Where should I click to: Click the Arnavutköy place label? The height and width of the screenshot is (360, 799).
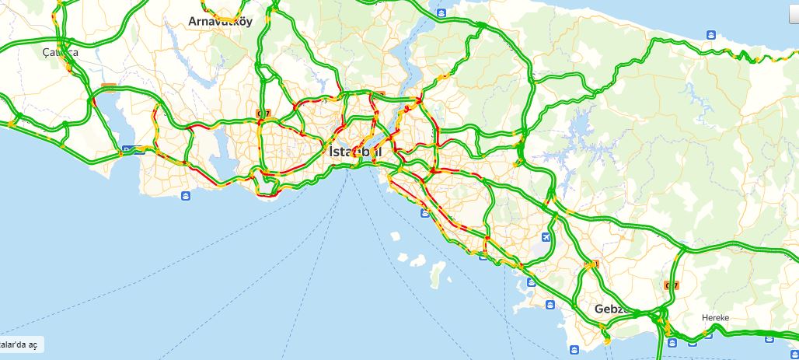point(221,22)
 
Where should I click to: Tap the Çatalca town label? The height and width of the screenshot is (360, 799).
point(61,53)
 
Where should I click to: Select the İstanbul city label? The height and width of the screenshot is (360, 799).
point(355,151)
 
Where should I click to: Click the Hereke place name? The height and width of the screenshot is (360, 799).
point(715,318)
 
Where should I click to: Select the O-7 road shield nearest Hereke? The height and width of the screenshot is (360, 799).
point(672,285)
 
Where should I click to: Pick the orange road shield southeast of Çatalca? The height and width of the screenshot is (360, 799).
point(109,88)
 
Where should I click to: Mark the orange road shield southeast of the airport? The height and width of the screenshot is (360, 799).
point(595,264)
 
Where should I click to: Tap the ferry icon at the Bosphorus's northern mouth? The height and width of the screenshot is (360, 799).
point(441,13)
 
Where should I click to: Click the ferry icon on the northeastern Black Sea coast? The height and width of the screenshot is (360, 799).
point(711,34)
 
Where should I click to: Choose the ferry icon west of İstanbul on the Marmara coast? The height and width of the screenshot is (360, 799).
point(186,195)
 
